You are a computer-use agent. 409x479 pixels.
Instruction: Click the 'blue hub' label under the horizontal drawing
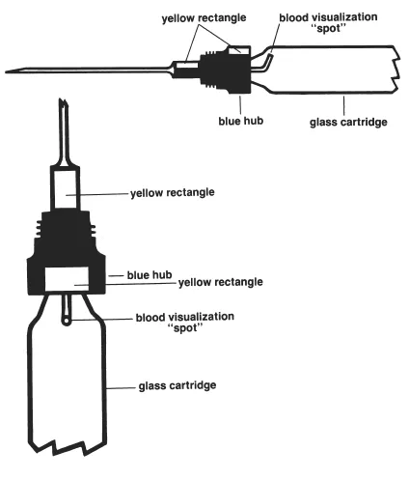click(234, 122)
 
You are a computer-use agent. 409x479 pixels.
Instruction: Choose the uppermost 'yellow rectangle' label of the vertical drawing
click(172, 192)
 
